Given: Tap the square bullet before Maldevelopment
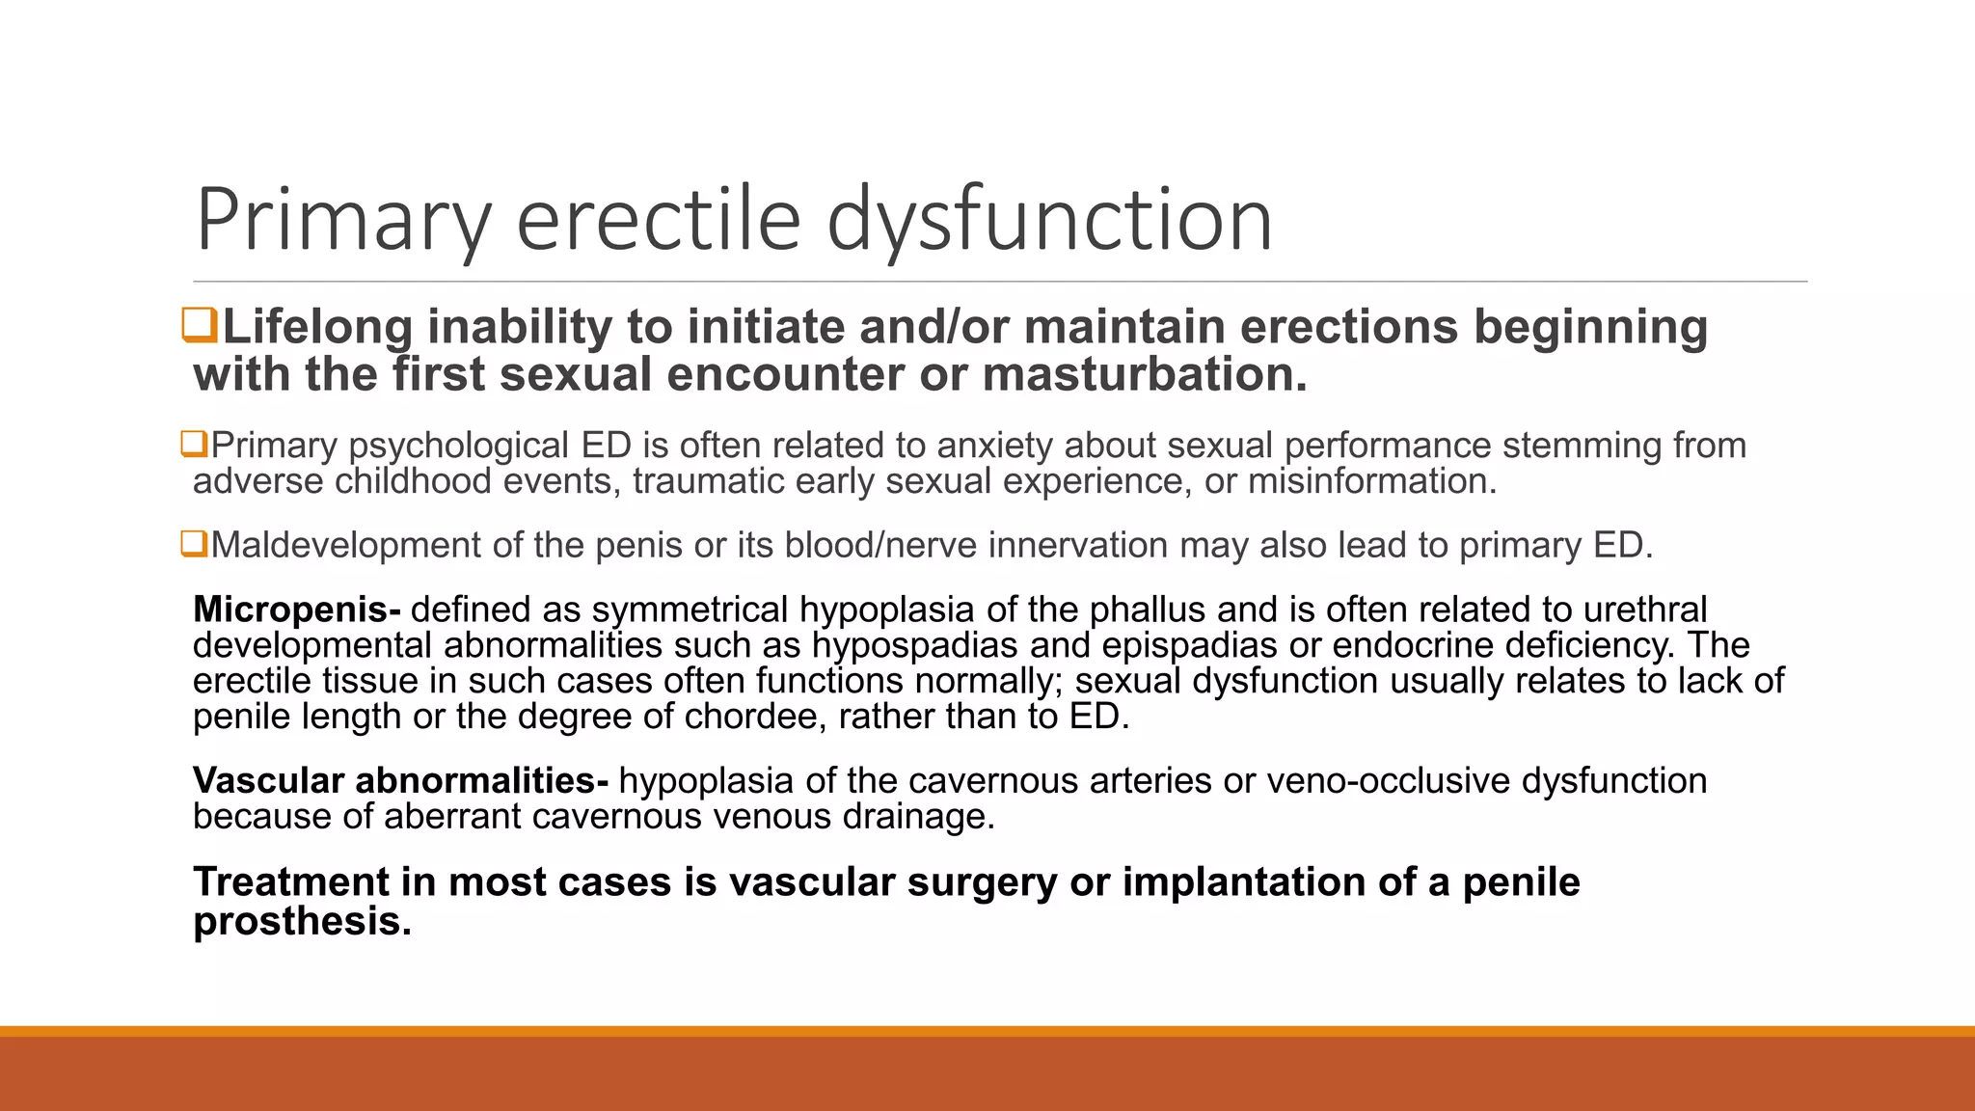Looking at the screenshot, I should pyautogui.click(x=194, y=544).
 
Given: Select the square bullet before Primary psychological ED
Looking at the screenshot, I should pyautogui.click(x=194, y=445).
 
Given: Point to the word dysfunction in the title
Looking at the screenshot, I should pyautogui.click(x=1049, y=220).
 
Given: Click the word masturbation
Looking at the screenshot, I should pyautogui.click(x=1145, y=374).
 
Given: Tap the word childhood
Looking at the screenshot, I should pyautogui.click(x=413, y=481).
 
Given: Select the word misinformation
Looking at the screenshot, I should pyautogui.click(x=1371, y=481).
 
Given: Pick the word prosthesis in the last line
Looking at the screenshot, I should pyautogui.click(x=302, y=921).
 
